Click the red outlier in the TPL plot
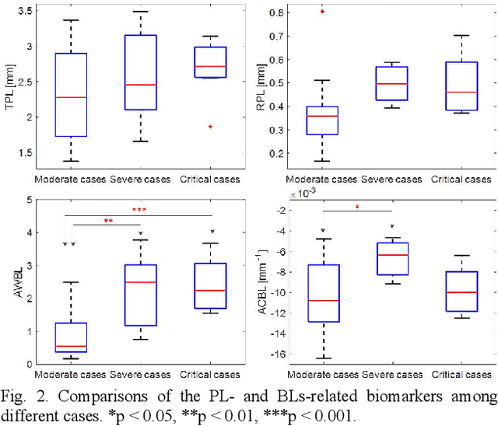(x=210, y=126)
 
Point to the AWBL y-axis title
(x=10, y=282)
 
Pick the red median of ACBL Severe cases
(x=392, y=255)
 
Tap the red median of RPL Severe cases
(x=392, y=83)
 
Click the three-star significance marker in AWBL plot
(x=139, y=210)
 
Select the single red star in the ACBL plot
(x=358, y=207)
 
